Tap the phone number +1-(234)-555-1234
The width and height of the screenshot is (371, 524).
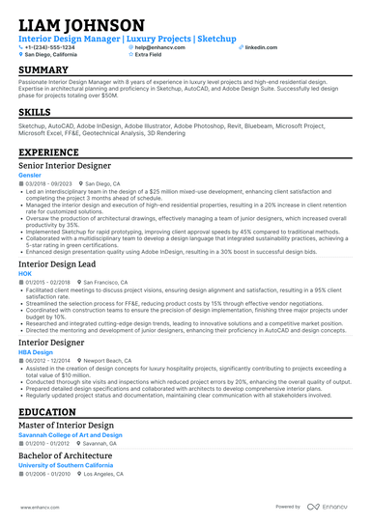pyautogui.click(x=50, y=46)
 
